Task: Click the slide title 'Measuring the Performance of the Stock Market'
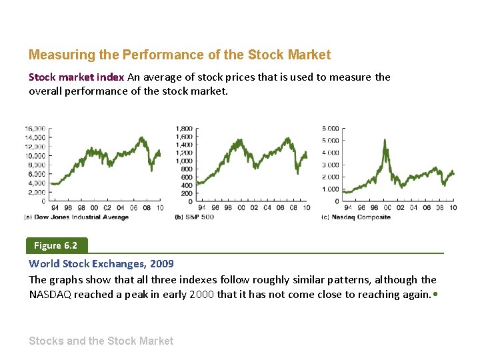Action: (x=179, y=55)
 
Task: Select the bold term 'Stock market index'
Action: (x=76, y=77)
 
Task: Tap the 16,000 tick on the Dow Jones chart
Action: (x=35, y=128)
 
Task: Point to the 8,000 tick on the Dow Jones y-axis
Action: (x=37, y=165)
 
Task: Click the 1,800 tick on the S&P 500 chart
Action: (x=184, y=128)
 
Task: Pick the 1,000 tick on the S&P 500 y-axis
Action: (x=184, y=161)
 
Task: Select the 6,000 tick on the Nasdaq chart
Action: (x=331, y=128)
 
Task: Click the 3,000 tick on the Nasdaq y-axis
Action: (x=331, y=165)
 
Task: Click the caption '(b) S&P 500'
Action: (x=194, y=217)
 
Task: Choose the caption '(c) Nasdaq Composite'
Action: (x=355, y=217)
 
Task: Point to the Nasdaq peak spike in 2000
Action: (x=385, y=141)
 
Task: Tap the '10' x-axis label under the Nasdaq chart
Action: (x=453, y=208)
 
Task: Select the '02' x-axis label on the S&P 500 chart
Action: (x=253, y=208)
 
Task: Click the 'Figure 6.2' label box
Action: (x=56, y=245)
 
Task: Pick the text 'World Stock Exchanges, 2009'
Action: (x=101, y=264)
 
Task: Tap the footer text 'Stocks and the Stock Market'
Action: (x=101, y=341)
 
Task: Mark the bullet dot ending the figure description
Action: (x=435, y=294)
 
